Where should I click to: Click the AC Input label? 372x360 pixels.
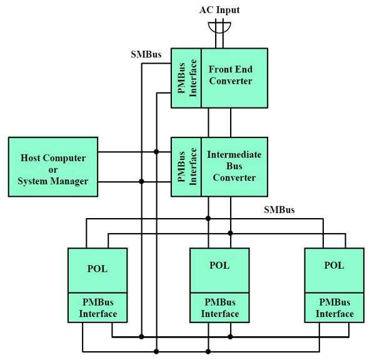tap(219, 10)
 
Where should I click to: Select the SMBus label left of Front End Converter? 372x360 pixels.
tap(147, 54)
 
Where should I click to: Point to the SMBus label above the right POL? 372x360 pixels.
tap(279, 210)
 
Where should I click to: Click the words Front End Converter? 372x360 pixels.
tap(230, 75)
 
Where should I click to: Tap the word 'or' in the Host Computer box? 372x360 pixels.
tap(53, 169)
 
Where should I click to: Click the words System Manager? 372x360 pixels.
tap(53, 181)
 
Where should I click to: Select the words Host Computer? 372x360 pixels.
tap(53, 158)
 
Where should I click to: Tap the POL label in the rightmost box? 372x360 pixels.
tap(334, 265)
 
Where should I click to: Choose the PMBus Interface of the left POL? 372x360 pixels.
tap(98, 308)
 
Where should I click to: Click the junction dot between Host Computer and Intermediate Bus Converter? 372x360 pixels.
tap(142, 182)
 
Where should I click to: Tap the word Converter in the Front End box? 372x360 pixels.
tap(230, 81)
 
